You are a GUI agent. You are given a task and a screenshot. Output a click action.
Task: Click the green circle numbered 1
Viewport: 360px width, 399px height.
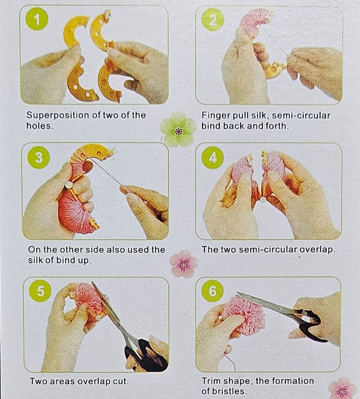pos(37,19)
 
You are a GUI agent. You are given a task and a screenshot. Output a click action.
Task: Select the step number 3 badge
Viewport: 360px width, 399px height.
pos(39,158)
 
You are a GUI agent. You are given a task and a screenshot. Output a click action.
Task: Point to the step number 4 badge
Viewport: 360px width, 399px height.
pos(213,158)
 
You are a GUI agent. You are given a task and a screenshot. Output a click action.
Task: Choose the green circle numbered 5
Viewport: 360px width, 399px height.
pos(40,291)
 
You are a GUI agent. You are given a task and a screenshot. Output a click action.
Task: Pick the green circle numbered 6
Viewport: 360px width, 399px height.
pos(213,291)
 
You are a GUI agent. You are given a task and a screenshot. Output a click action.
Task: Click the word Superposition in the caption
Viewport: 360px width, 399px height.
pos(58,116)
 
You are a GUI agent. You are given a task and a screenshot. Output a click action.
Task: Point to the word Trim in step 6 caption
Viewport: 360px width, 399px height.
pos(211,381)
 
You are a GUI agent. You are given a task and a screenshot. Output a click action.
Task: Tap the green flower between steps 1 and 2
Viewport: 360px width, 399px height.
pos(178,130)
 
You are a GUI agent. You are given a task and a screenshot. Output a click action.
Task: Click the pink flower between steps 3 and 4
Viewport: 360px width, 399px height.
pos(184,264)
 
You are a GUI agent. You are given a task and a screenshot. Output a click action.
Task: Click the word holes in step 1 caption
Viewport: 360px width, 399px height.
pos(39,126)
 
